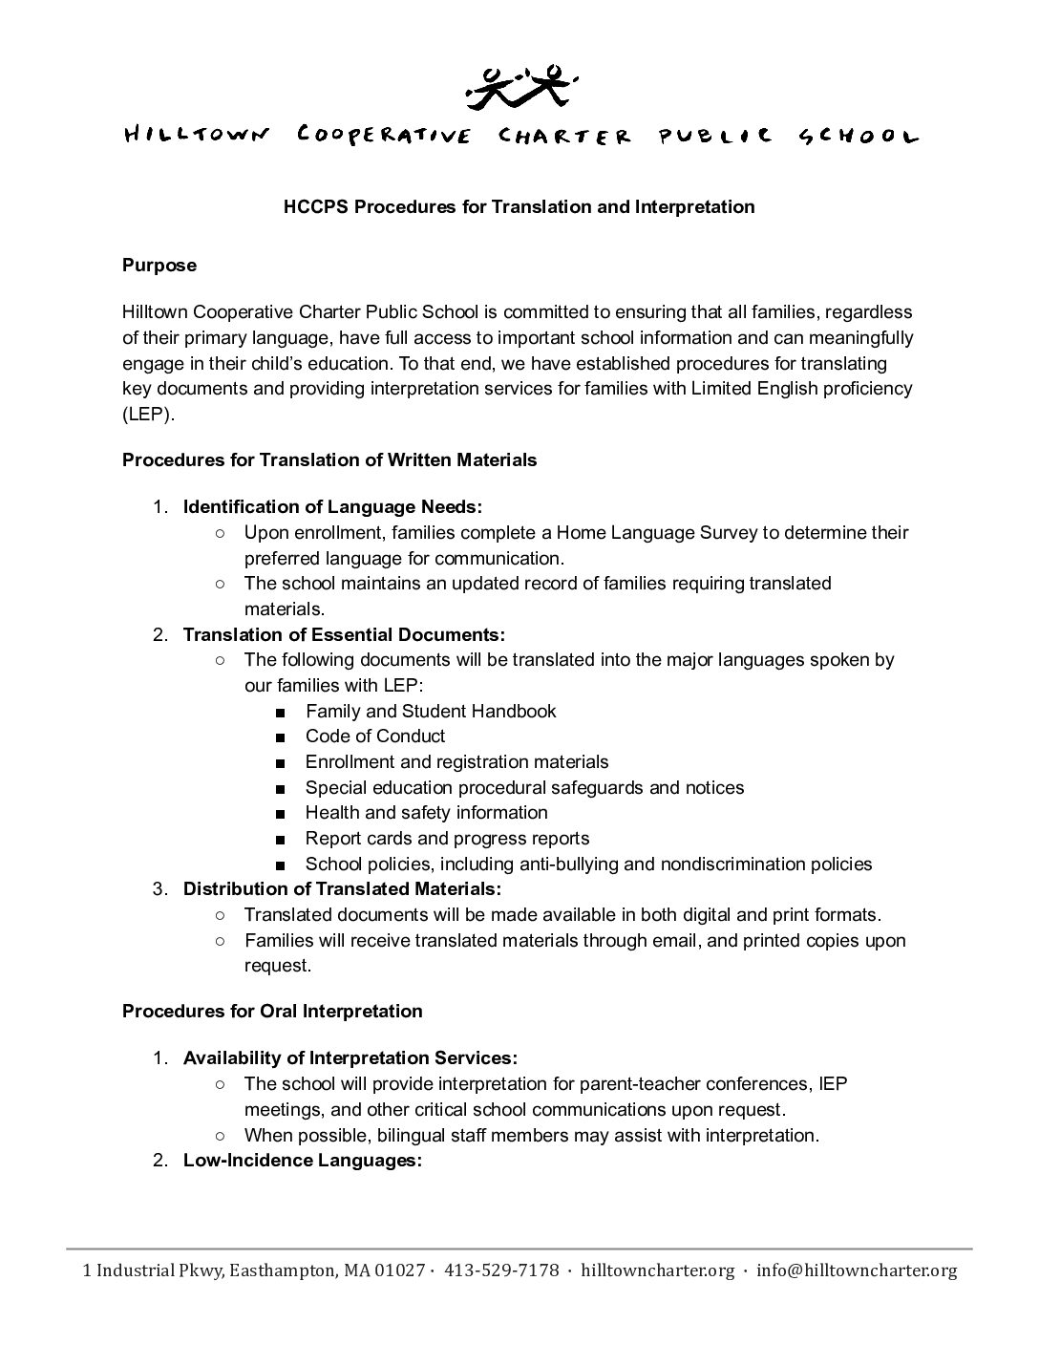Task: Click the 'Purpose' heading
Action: (159, 266)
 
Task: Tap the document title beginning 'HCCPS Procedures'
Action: (519, 206)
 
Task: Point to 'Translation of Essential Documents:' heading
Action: (344, 634)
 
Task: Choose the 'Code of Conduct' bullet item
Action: (375, 736)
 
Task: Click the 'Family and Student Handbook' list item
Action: (431, 711)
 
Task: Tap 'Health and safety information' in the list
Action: (427, 812)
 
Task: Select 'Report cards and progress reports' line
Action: (447, 838)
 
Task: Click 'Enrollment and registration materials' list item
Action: (456, 761)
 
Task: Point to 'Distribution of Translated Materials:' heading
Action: (342, 888)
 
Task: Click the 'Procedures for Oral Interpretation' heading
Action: (272, 1011)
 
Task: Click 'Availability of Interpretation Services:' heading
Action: (350, 1058)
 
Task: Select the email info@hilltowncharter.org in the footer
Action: (857, 1270)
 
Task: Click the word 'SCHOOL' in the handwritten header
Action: (857, 136)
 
